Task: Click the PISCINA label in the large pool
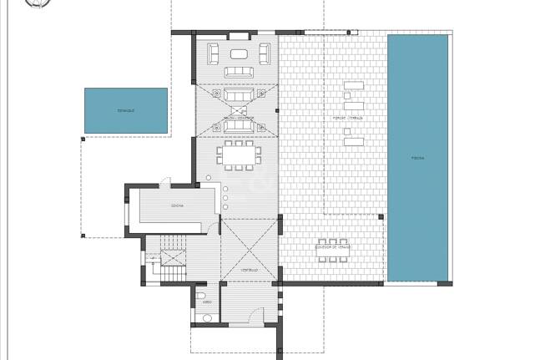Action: point(417,157)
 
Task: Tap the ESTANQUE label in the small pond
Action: point(126,110)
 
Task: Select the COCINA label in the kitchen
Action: point(177,205)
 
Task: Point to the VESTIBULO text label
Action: point(249,270)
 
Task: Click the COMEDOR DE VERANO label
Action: point(332,247)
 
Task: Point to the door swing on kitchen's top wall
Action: point(166,181)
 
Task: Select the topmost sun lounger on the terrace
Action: point(353,86)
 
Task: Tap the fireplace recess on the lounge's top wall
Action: point(238,35)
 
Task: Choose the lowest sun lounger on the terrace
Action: point(353,141)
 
